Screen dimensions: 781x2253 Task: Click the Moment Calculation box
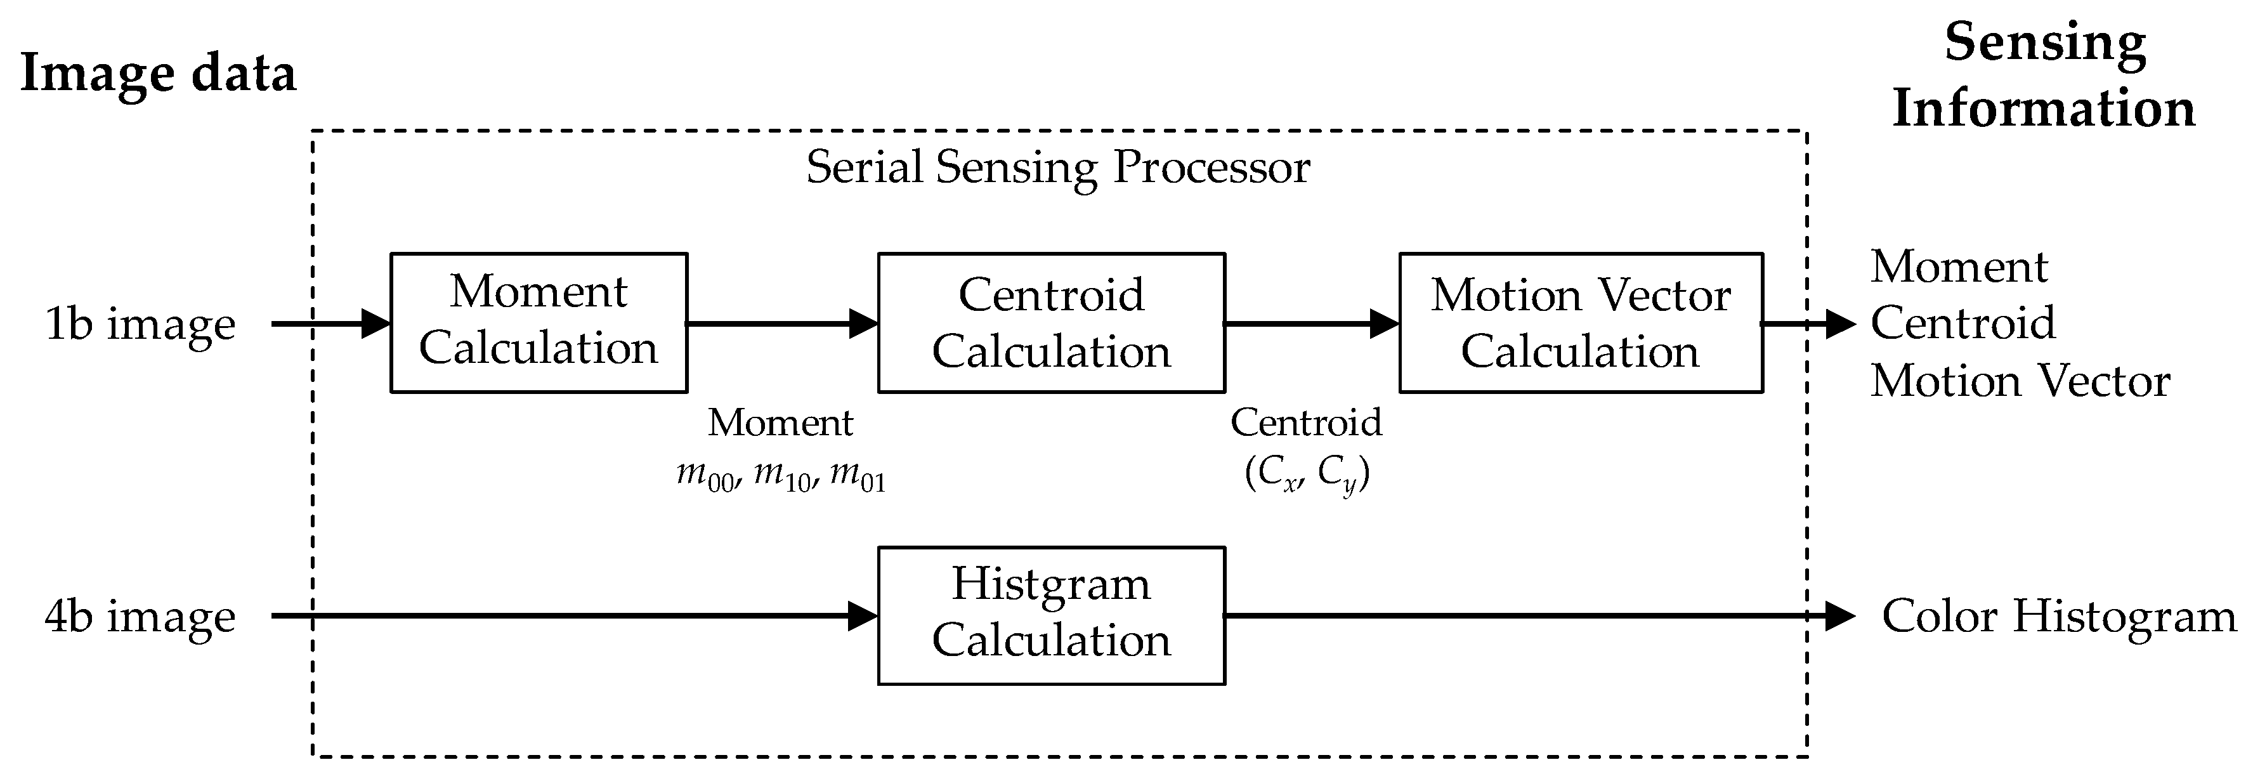pos(538,322)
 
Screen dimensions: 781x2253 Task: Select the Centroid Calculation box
pos(1050,322)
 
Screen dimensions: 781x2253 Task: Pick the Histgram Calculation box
pos(1050,615)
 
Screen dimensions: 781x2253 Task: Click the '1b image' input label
pos(140,324)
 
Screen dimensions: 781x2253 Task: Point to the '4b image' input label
pos(140,617)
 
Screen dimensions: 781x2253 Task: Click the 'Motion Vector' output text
pos(2020,381)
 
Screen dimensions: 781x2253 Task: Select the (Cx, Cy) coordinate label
pos(1306,475)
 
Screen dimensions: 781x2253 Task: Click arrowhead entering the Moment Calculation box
pos(376,324)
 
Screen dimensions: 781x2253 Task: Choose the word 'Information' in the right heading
pos(2043,108)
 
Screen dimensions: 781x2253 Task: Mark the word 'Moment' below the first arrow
pos(780,423)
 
